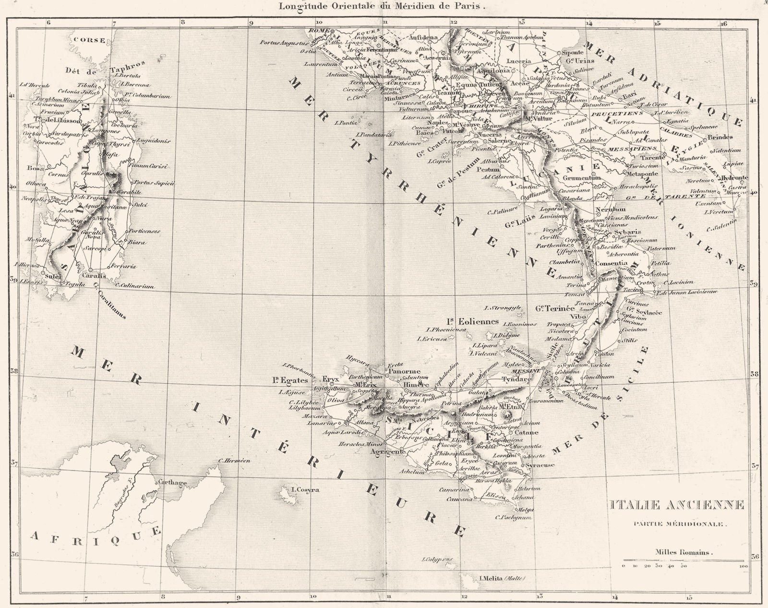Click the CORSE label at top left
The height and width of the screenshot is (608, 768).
click(90, 40)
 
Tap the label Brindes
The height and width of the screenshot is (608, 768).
click(720, 137)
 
